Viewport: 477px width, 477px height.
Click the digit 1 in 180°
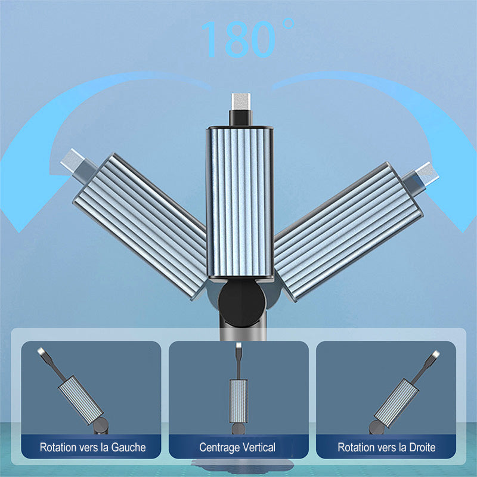[210, 39]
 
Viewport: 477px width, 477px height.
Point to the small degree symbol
[288, 24]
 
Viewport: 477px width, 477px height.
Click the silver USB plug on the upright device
[241, 102]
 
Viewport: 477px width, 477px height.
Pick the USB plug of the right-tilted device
[425, 174]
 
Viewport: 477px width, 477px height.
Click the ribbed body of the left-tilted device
[140, 227]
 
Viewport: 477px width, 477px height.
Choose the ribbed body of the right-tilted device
[348, 232]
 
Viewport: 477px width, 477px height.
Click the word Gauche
[128, 448]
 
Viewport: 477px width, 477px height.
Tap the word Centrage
[219, 448]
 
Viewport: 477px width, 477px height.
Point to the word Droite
[422, 448]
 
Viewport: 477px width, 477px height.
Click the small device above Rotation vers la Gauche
[73, 391]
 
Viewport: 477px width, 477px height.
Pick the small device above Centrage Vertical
[238, 389]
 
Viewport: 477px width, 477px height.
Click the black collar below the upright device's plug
[240, 118]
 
